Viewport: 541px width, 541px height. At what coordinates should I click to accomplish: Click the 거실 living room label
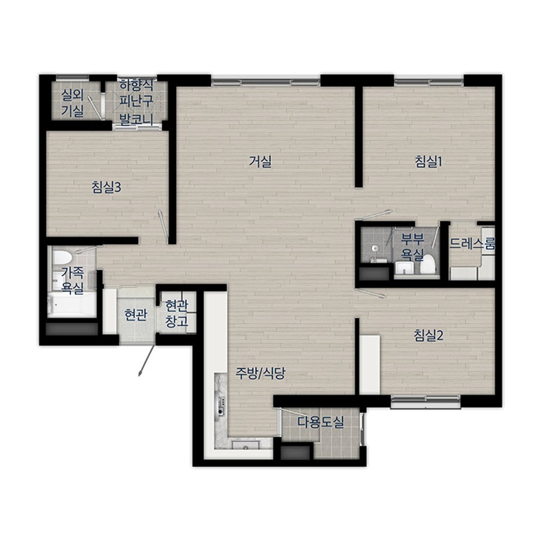click(x=260, y=162)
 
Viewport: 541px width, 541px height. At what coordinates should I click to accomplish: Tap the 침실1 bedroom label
click(x=429, y=162)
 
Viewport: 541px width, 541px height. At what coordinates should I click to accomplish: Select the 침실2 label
click(x=429, y=335)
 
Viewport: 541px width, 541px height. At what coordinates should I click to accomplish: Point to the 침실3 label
click(x=106, y=188)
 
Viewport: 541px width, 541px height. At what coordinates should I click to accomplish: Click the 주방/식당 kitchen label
click(x=260, y=373)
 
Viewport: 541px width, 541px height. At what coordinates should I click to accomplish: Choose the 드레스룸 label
click(x=472, y=243)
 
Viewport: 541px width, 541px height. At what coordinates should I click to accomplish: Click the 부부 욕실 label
click(x=412, y=247)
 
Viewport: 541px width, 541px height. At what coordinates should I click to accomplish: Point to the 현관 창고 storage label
click(x=177, y=313)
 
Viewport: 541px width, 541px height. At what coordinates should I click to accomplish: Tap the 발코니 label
click(x=136, y=120)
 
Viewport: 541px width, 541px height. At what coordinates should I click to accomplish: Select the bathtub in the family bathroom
click(x=72, y=305)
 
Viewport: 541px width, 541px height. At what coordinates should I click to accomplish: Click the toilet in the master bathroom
click(x=429, y=264)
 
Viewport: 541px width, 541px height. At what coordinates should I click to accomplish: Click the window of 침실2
click(x=426, y=402)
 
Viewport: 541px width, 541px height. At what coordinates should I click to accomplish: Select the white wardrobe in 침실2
click(x=370, y=364)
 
